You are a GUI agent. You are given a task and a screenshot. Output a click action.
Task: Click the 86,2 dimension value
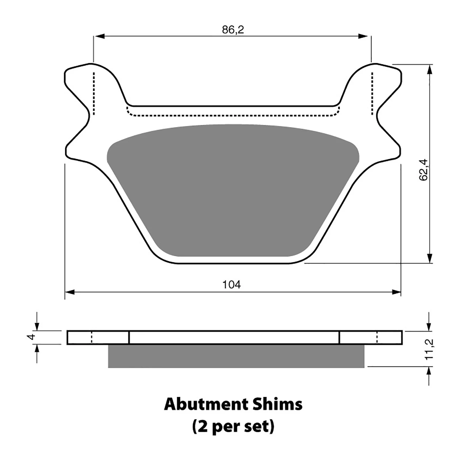click(x=233, y=30)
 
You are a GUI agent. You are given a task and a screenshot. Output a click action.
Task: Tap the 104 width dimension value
click(x=232, y=285)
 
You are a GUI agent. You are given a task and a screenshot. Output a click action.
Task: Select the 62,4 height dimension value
click(x=424, y=170)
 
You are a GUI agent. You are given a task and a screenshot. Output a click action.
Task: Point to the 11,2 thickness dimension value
click(x=429, y=349)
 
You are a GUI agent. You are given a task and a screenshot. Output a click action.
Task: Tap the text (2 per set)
click(x=233, y=427)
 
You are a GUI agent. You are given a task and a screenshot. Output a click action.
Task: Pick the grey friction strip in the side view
click(x=236, y=356)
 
